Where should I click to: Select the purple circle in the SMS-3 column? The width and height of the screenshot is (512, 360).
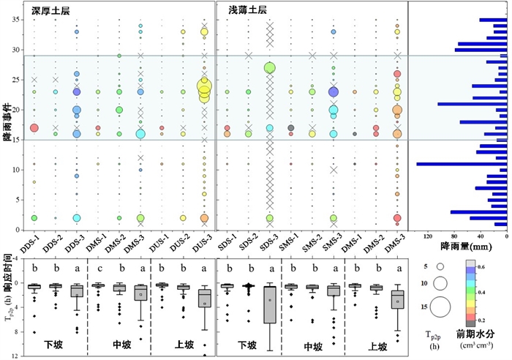click(334, 92)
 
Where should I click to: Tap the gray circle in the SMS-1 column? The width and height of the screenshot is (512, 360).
click(291, 128)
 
